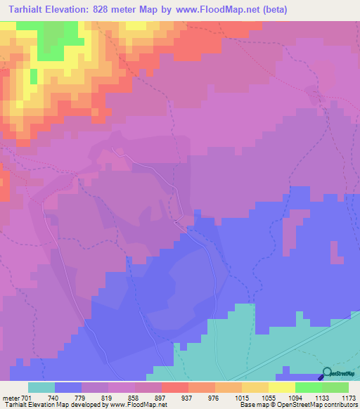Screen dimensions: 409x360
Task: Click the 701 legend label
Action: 25,397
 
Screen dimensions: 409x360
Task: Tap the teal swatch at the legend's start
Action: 41,387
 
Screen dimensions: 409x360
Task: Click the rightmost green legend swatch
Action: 335,387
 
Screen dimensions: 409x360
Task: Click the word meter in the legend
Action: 10,397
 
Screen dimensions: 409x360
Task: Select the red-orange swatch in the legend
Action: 174,387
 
